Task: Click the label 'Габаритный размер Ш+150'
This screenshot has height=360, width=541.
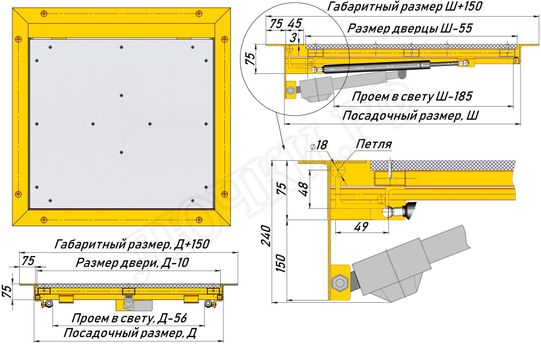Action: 404,7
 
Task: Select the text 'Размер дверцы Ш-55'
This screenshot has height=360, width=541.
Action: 410,28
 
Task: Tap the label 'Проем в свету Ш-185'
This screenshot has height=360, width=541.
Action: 412,96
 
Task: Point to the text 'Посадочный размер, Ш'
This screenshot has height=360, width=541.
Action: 411,116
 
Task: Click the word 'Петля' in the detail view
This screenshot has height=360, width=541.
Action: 374,144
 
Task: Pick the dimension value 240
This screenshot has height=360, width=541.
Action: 266,235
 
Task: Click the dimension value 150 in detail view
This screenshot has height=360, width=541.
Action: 281,263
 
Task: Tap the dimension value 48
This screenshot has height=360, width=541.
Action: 304,189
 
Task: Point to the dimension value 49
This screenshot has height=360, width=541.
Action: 361,227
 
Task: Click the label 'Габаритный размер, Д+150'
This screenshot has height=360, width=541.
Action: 132,244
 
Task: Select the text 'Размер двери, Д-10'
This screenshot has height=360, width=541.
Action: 132,263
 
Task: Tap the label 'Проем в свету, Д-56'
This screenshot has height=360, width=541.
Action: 129,318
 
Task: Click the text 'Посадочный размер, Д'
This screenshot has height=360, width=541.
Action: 130,333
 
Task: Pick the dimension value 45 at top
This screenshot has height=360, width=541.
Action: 295,24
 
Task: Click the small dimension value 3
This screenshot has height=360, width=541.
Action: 293,38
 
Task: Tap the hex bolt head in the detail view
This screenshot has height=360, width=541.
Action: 340,283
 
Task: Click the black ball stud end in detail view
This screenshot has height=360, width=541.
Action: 410,210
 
